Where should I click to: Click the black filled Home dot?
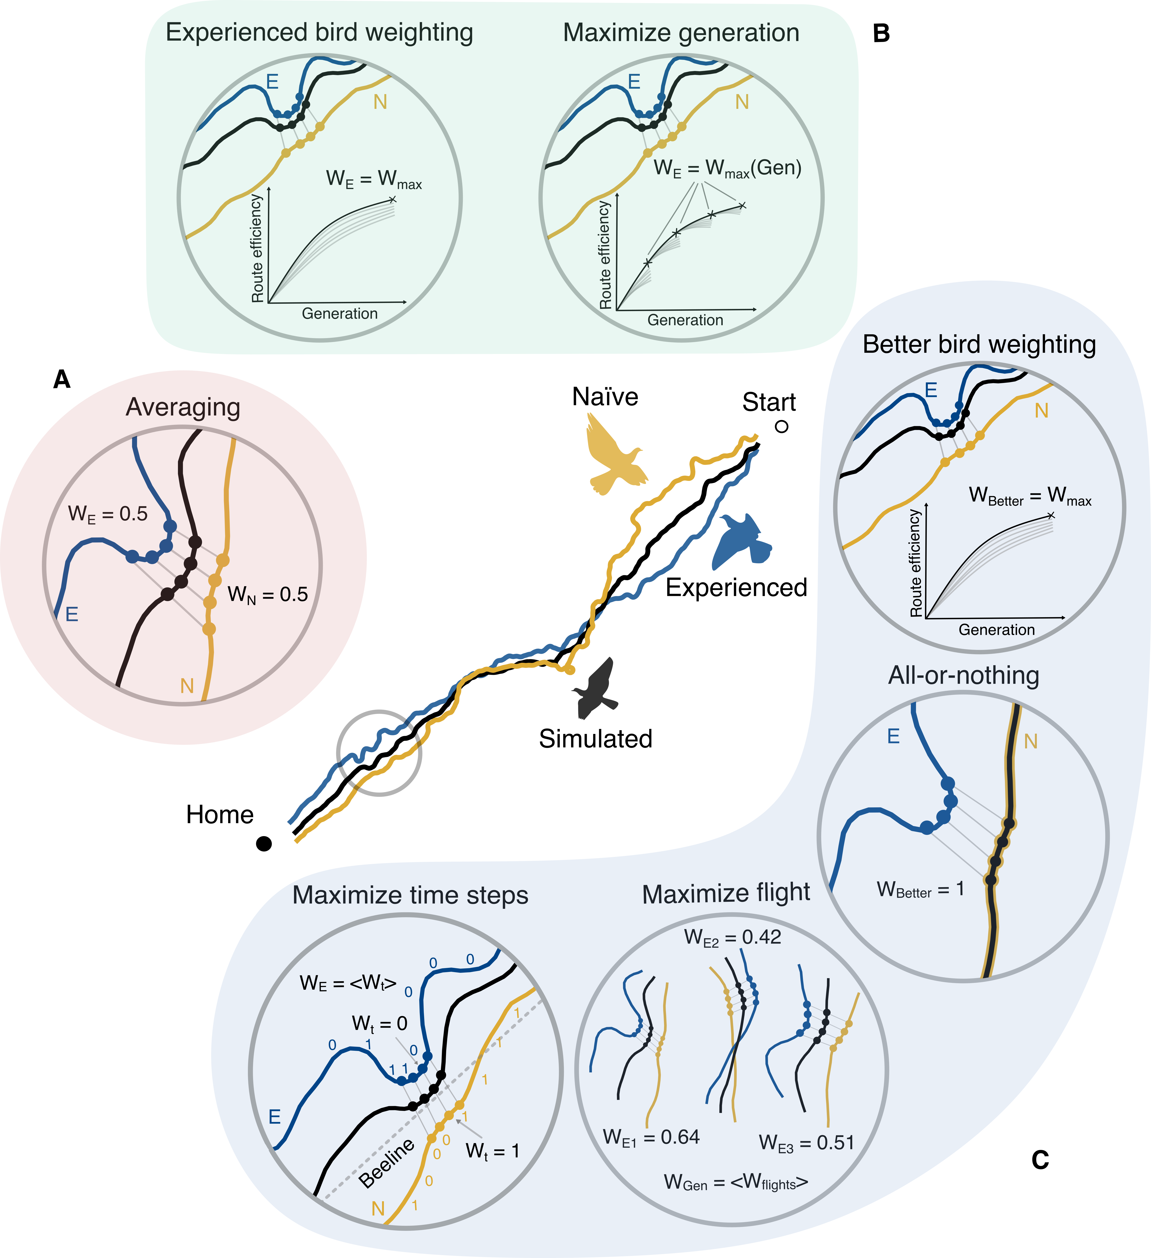[x=264, y=844]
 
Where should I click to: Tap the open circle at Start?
[x=782, y=427]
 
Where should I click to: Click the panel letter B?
[x=881, y=33]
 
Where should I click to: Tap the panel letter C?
[x=1040, y=1160]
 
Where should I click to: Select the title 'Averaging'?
[x=183, y=407]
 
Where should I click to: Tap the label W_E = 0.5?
[x=108, y=514]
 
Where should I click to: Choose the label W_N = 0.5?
[x=268, y=594]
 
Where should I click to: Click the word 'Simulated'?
[x=596, y=739]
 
